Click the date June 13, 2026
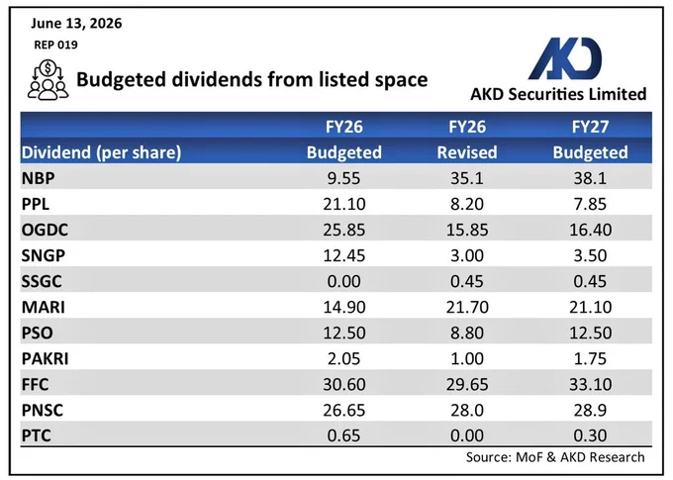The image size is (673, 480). (76, 23)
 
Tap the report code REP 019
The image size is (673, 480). (55, 45)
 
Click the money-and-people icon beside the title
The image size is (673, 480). (48, 80)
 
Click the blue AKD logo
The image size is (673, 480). (565, 58)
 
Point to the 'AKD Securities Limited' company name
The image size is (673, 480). (558, 94)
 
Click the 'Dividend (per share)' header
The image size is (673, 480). (101, 152)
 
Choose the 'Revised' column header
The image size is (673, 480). (467, 152)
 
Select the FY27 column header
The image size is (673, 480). (590, 127)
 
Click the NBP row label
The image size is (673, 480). (39, 178)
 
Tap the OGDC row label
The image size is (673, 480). (45, 230)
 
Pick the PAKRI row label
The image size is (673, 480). (46, 358)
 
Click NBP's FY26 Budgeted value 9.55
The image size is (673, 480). (343, 178)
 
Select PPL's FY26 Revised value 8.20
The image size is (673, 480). (467, 204)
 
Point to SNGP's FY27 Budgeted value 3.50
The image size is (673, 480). (590, 255)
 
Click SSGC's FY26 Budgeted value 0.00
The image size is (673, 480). (343, 281)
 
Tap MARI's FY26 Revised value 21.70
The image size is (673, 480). (467, 307)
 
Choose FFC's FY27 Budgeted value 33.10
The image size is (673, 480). (590, 384)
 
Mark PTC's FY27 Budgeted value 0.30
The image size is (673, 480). (590, 435)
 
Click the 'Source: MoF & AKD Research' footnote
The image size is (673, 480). (555, 457)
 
